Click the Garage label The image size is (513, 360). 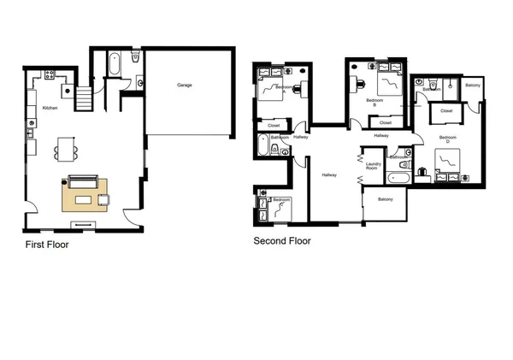(x=184, y=86)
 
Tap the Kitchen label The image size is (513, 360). (x=50, y=108)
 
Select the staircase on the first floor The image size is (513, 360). (x=84, y=99)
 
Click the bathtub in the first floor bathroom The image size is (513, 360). (x=114, y=66)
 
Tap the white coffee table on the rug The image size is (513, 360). (x=84, y=200)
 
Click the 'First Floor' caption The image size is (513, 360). (x=46, y=245)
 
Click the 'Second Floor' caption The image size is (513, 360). (x=282, y=241)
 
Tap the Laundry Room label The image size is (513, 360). (x=373, y=168)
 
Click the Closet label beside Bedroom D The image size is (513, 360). (x=446, y=111)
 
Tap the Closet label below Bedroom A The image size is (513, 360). (x=274, y=126)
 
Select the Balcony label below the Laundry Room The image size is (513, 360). (x=385, y=199)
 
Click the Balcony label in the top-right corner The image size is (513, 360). (x=473, y=86)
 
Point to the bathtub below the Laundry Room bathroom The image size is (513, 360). (x=399, y=180)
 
